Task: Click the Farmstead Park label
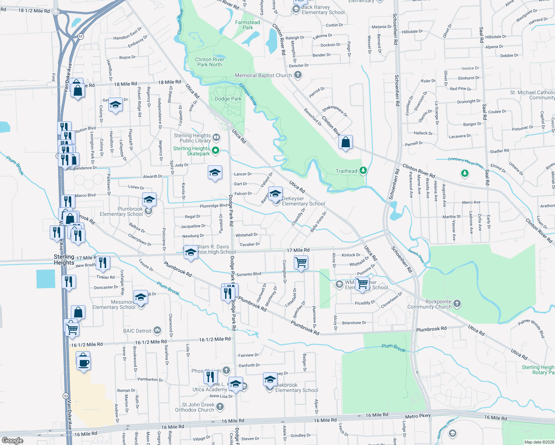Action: [x=247, y=25]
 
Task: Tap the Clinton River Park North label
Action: [x=210, y=62]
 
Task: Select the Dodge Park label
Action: [x=228, y=99]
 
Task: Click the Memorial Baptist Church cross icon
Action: [x=298, y=75]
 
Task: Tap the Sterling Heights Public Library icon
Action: [x=216, y=138]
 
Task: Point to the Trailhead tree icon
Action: [x=363, y=171]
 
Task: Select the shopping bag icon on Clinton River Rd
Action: [x=345, y=142]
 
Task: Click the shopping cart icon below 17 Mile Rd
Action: [x=301, y=263]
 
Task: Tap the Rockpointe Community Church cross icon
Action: [x=457, y=304]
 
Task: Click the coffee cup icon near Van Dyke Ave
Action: [x=84, y=363]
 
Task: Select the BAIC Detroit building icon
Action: [x=157, y=330]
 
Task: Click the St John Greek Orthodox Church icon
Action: [x=220, y=407]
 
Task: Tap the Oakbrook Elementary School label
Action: [x=297, y=388]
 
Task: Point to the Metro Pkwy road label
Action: [x=418, y=416]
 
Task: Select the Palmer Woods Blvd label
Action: [x=531, y=328]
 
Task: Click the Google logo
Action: [x=12, y=441]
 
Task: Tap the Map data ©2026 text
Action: [x=539, y=442]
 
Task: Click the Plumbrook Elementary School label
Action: [x=121, y=211]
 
